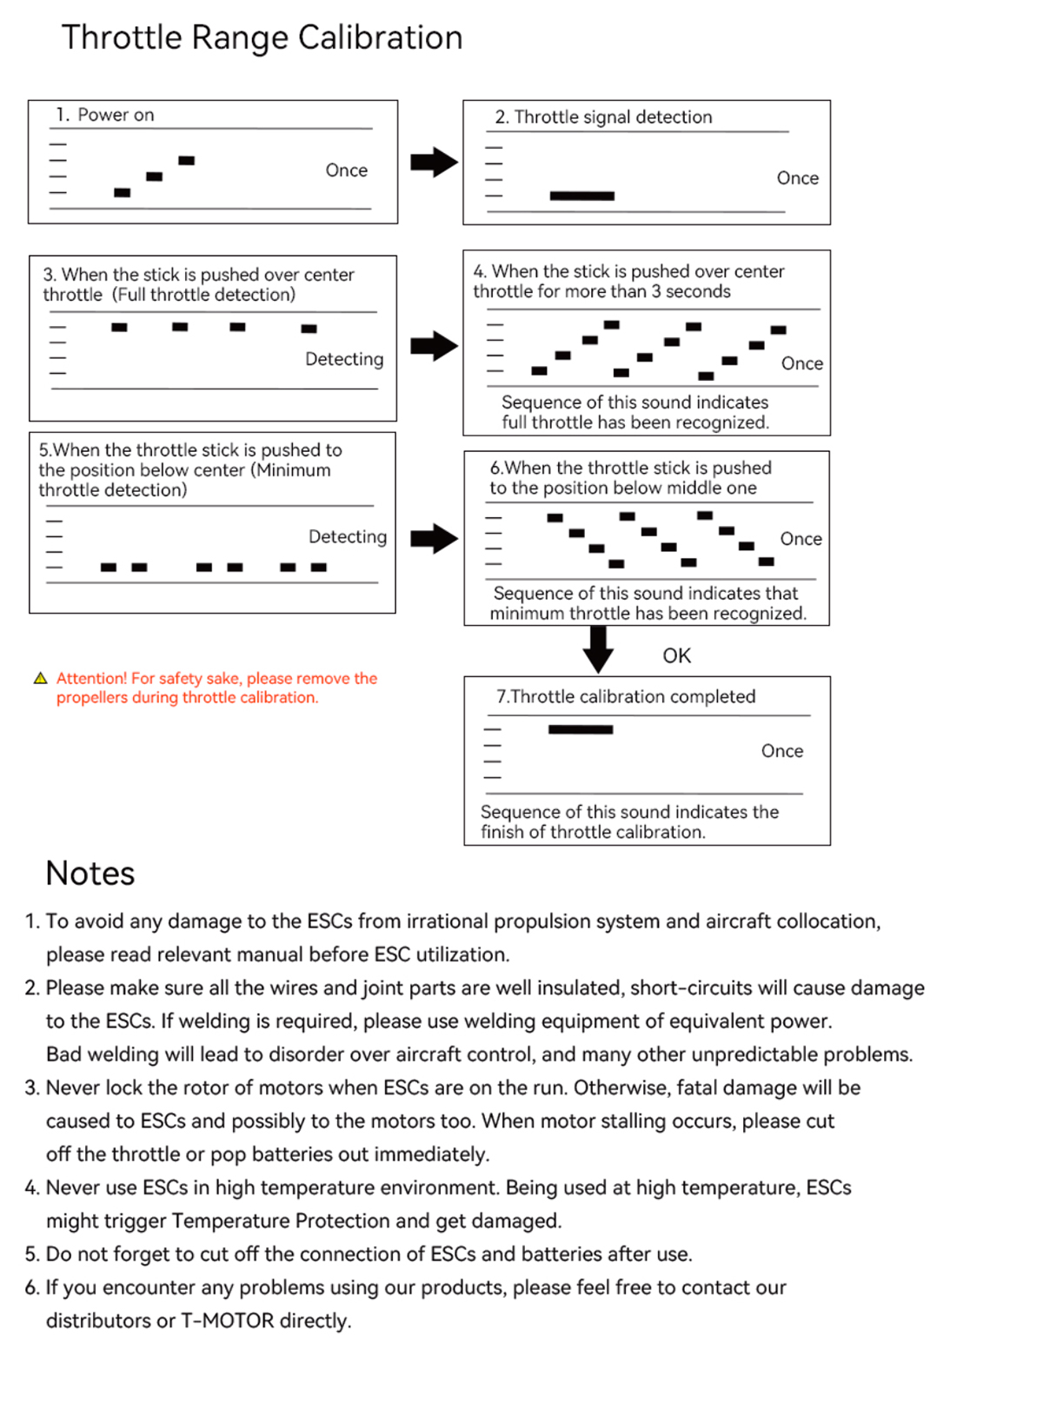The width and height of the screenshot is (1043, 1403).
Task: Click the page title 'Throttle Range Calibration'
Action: [x=262, y=38]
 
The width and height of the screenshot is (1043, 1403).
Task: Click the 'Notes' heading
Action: [x=90, y=874]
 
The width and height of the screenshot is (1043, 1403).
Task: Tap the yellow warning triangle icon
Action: [x=40, y=679]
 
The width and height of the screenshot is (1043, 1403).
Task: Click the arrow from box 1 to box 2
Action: [x=434, y=162]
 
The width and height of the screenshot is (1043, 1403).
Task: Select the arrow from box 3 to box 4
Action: [x=434, y=346]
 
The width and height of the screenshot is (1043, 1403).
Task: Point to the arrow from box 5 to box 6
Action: [x=434, y=539]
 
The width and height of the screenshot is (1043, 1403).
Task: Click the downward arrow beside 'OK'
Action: [x=598, y=648]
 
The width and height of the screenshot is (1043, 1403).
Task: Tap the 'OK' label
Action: [x=676, y=656]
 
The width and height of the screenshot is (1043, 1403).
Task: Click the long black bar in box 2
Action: [x=581, y=196]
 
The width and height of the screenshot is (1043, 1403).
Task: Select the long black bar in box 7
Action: [x=581, y=729]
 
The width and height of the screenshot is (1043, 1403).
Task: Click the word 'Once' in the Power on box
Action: [x=346, y=170]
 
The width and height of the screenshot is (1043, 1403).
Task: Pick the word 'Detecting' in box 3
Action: [x=344, y=359]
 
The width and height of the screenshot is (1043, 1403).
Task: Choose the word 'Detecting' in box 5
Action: [x=348, y=537]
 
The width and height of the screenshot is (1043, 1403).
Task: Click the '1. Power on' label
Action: [x=105, y=115]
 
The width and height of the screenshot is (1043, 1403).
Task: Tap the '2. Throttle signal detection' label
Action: [x=604, y=117]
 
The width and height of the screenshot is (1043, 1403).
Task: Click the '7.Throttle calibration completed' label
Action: [x=626, y=697]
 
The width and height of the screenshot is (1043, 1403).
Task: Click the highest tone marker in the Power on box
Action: [x=186, y=161]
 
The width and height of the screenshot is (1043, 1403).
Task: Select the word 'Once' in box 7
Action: [x=781, y=751]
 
